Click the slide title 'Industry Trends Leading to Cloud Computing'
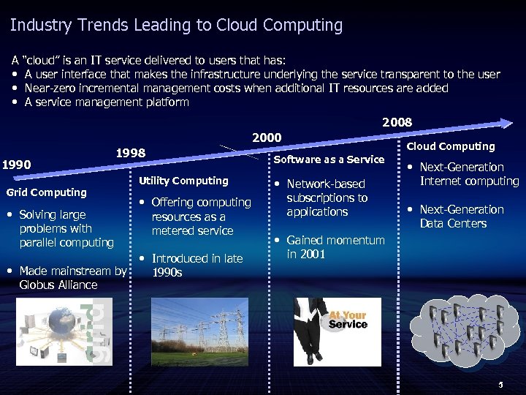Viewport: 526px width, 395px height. tap(176, 26)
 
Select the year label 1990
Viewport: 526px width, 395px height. tap(17, 165)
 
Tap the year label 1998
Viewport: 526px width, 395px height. tap(131, 153)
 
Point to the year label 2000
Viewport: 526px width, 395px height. tap(267, 138)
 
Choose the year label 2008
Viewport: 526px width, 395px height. tap(397, 122)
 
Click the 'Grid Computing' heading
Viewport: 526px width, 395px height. tap(46, 192)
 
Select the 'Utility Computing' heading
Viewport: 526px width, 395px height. tap(183, 181)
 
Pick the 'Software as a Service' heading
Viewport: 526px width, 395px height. tap(329, 159)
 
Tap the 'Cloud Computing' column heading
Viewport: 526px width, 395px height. tap(451, 146)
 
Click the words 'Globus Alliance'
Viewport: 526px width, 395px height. tap(58, 285)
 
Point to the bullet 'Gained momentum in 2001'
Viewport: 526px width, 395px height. tap(335, 247)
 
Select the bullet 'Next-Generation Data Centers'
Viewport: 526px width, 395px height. tap(461, 217)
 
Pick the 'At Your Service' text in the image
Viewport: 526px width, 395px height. tap(348, 320)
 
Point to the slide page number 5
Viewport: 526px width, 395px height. tap(500, 385)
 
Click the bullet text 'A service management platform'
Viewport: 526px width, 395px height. tap(107, 102)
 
